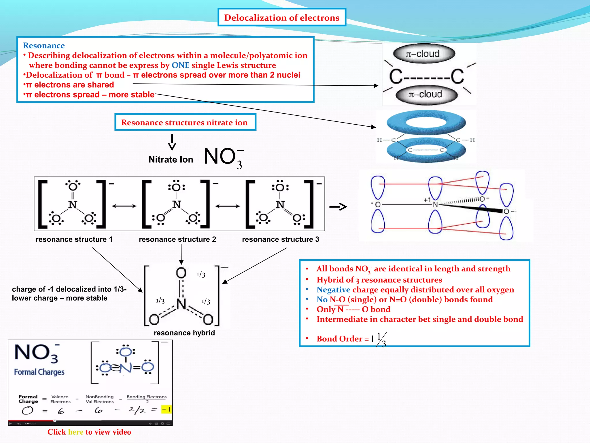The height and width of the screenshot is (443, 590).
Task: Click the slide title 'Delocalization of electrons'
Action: (282, 18)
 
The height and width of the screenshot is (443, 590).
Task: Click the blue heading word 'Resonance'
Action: (44, 46)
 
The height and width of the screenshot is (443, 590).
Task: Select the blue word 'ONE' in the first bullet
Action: (180, 65)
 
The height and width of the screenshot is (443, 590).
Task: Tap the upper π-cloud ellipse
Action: (424, 54)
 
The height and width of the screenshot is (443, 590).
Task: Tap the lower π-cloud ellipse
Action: (426, 94)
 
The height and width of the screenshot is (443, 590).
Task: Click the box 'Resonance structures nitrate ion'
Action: (185, 122)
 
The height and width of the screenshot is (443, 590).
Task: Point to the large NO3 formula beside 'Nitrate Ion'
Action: (223, 157)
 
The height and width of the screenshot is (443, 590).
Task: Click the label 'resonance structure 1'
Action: (74, 239)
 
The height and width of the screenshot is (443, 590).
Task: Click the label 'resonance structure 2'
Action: (177, 239)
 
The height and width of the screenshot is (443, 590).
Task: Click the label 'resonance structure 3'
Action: (280, 239)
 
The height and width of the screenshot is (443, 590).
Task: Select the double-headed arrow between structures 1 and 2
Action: (124, 206)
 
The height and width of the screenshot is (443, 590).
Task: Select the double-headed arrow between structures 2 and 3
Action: (228, 206)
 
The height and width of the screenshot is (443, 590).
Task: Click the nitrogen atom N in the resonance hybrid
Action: (181, 304)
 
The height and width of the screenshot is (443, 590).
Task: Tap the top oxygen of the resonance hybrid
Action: (181, 273)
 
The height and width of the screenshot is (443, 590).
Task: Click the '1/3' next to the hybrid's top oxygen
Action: (201, 275)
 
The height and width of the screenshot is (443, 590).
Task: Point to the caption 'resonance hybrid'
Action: (184, 333)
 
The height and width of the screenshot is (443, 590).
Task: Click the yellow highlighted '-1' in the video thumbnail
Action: (166, 409)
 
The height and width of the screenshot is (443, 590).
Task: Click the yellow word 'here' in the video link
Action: (76, 432)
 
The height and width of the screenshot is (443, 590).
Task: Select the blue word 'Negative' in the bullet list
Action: (333, 290)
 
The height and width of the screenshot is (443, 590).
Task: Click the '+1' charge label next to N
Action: (427, 200)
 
